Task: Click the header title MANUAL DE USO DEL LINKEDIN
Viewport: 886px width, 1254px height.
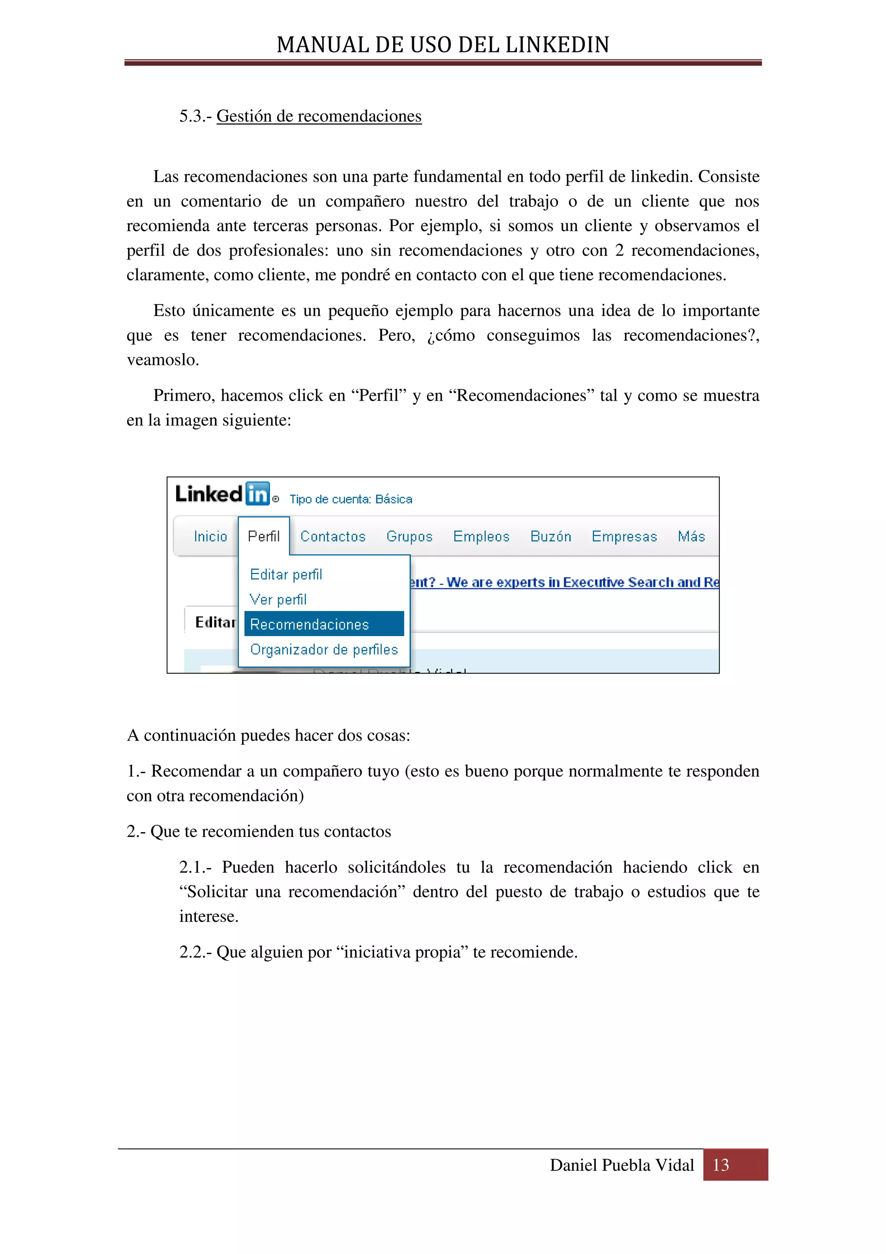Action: (x=443, y=45)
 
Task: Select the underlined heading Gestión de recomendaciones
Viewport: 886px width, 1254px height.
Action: (x=319, y=116)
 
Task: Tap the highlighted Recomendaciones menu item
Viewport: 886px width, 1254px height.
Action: (x=309, y=624)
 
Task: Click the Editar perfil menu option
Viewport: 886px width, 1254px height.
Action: (x=286, y=575)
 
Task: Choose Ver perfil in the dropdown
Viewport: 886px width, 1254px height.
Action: (x=278, y=600)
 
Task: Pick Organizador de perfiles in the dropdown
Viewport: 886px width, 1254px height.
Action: (x=324, y=650)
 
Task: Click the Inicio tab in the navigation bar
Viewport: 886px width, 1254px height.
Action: (x=210, y=536)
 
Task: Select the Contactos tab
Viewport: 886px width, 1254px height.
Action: (x=332, y=536)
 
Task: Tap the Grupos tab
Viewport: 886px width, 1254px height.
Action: (x=409, y=536)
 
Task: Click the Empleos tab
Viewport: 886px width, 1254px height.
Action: (x=481, y=536)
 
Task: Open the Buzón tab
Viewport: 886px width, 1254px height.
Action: (x=550, y=536)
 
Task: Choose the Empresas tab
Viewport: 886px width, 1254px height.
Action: (x=624, y=536)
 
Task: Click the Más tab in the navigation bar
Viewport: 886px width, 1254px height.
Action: (x=691, y=536)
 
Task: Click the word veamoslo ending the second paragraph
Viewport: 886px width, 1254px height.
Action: (x=163, y=360)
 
